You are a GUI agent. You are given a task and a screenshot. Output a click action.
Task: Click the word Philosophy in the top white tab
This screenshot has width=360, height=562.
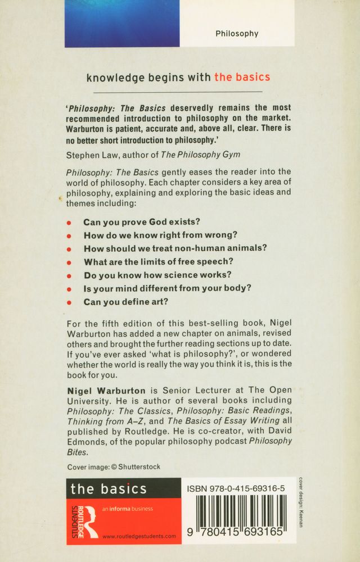pos(237,34)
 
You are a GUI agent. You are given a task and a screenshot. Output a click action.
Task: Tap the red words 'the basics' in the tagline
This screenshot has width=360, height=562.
pos(242,77)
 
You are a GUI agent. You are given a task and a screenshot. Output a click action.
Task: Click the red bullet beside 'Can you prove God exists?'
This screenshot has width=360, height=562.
pos(69,223)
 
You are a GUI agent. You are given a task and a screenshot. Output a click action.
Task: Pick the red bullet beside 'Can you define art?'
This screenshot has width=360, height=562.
pos(69,302)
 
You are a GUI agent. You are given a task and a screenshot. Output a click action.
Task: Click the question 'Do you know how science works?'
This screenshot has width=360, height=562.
pos(157,275)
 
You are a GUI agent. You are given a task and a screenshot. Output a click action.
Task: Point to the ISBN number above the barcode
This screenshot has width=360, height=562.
pos(235,489)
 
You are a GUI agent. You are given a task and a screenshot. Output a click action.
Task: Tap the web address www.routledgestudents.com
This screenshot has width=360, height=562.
pos(139,536)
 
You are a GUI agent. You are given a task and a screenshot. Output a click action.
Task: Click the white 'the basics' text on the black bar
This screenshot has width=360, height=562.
pos(109,488)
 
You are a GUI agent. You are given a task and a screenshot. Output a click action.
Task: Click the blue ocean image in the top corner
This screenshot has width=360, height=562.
pos(122,23)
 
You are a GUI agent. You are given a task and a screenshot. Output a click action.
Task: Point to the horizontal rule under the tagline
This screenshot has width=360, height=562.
pos(178,92)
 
